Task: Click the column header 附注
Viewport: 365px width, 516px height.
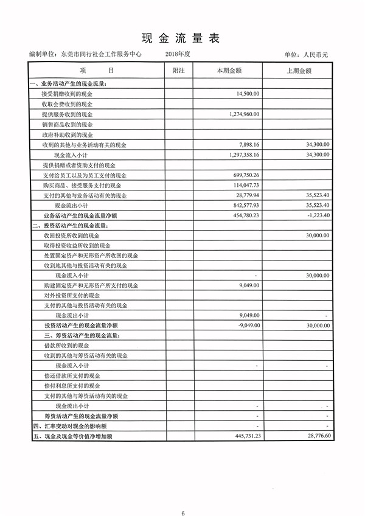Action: pos(178,71)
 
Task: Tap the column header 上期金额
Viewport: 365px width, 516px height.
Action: pos(299,71)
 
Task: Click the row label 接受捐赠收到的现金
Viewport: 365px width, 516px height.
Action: pos(67,94)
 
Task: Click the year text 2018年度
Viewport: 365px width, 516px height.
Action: pos(178,54)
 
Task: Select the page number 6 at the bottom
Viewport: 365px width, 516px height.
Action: pos(182,497)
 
